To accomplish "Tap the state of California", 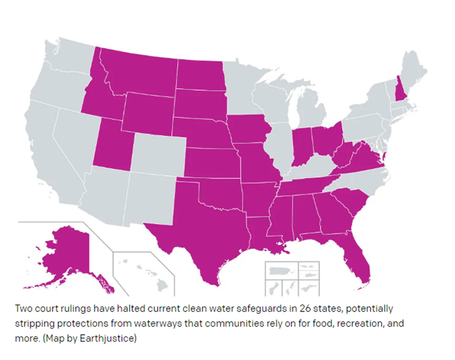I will pos(44,149).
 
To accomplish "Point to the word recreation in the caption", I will pos(345,323).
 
